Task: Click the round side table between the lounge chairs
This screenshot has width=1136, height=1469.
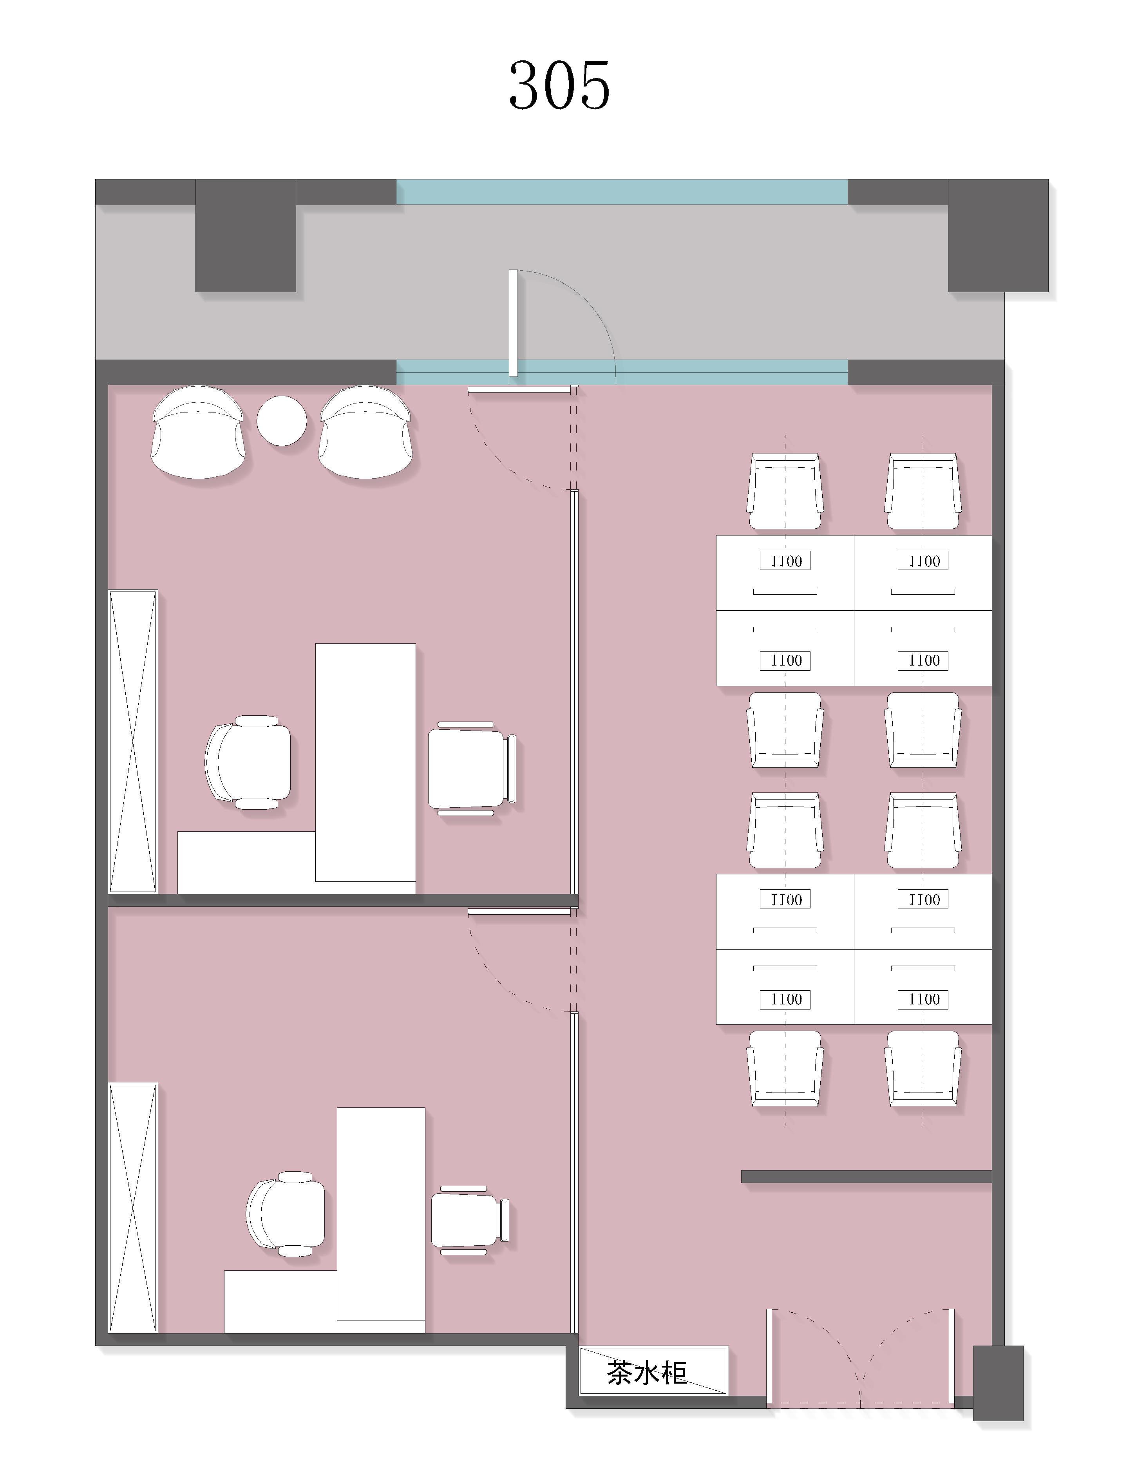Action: point(282,420)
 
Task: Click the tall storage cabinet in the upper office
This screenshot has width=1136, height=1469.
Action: point(133,741)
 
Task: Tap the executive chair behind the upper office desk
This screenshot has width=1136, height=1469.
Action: point(248,762)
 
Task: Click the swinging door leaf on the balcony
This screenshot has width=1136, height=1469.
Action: point(513,323)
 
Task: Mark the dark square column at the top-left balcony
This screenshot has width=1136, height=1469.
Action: point(246,235)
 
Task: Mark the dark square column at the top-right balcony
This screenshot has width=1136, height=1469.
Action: point(998,235)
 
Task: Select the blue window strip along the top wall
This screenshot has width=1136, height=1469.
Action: point(622,192)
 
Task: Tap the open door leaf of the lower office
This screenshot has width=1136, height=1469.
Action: point(520,912)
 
